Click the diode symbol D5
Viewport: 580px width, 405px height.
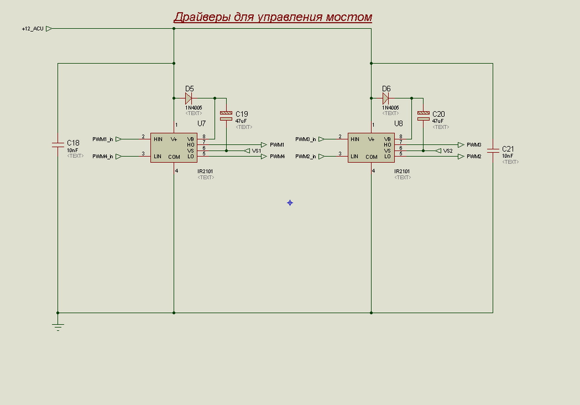click(x=188, y=98)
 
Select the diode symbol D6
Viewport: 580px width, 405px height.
click(x=385, y=98)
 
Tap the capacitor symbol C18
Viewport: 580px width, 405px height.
click(x=58, y=145)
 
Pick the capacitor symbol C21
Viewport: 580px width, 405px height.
click(x=493, y=151)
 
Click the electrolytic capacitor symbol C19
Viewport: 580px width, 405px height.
click(x=226, y=116)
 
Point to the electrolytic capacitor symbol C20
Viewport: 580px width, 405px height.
click(x=423, y=116)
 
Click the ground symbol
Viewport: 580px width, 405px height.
click(x=58, y=326)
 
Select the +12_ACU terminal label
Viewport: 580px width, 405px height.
click(x=33, y=29)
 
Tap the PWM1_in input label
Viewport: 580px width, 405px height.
click(x=103, y=139)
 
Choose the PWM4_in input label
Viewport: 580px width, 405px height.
click(x=103, y=157)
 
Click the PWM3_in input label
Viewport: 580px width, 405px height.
click(x=305, y=139)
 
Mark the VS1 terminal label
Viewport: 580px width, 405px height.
click(x=256, y=151)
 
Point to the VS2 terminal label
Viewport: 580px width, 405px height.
click(x=448, y=151)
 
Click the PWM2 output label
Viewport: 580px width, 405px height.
click(x=474, y=157)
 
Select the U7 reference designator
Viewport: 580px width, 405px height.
click(x=201, y=124)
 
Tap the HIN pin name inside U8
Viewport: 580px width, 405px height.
click(x=355, y=139)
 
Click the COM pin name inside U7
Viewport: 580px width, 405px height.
click(x=174, y=157)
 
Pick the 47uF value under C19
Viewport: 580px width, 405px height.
click(x=241, y=121)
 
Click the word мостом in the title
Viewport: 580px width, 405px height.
click(x=349, y=17)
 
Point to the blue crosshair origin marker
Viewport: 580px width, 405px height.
click(x=290, y=203)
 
